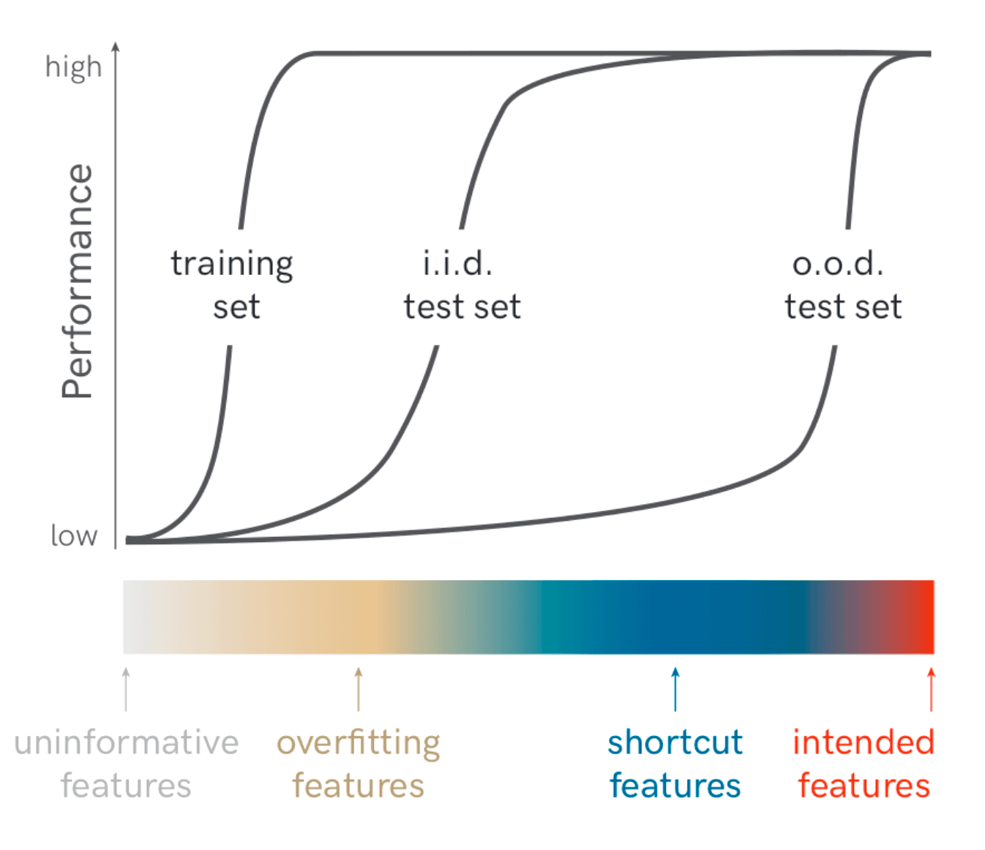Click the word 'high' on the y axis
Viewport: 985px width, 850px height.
(73, 67)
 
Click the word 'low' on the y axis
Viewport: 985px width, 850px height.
(73, 535)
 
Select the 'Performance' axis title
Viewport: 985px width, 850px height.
(78, 281)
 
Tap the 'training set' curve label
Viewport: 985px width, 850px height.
(233, 285)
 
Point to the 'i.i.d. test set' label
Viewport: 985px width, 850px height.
(461, 285)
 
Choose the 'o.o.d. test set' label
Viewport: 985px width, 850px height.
(842, 285)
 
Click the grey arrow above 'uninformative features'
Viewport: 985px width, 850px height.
(127, 688)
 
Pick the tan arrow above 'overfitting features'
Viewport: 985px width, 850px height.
(359, 688)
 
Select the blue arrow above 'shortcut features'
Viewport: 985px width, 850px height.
(675, 688)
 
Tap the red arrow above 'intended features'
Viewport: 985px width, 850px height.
(931, 688)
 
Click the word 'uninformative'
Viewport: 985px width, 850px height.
(127, 742)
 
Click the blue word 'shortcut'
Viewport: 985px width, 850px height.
(675, 742)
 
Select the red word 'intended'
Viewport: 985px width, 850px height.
(864, 742)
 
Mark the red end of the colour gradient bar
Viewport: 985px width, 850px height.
(924, 617)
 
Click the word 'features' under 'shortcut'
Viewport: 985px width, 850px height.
(675, 786)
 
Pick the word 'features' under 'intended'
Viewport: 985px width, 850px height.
(864, 786)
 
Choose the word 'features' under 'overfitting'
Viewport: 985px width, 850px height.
(358, 786)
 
